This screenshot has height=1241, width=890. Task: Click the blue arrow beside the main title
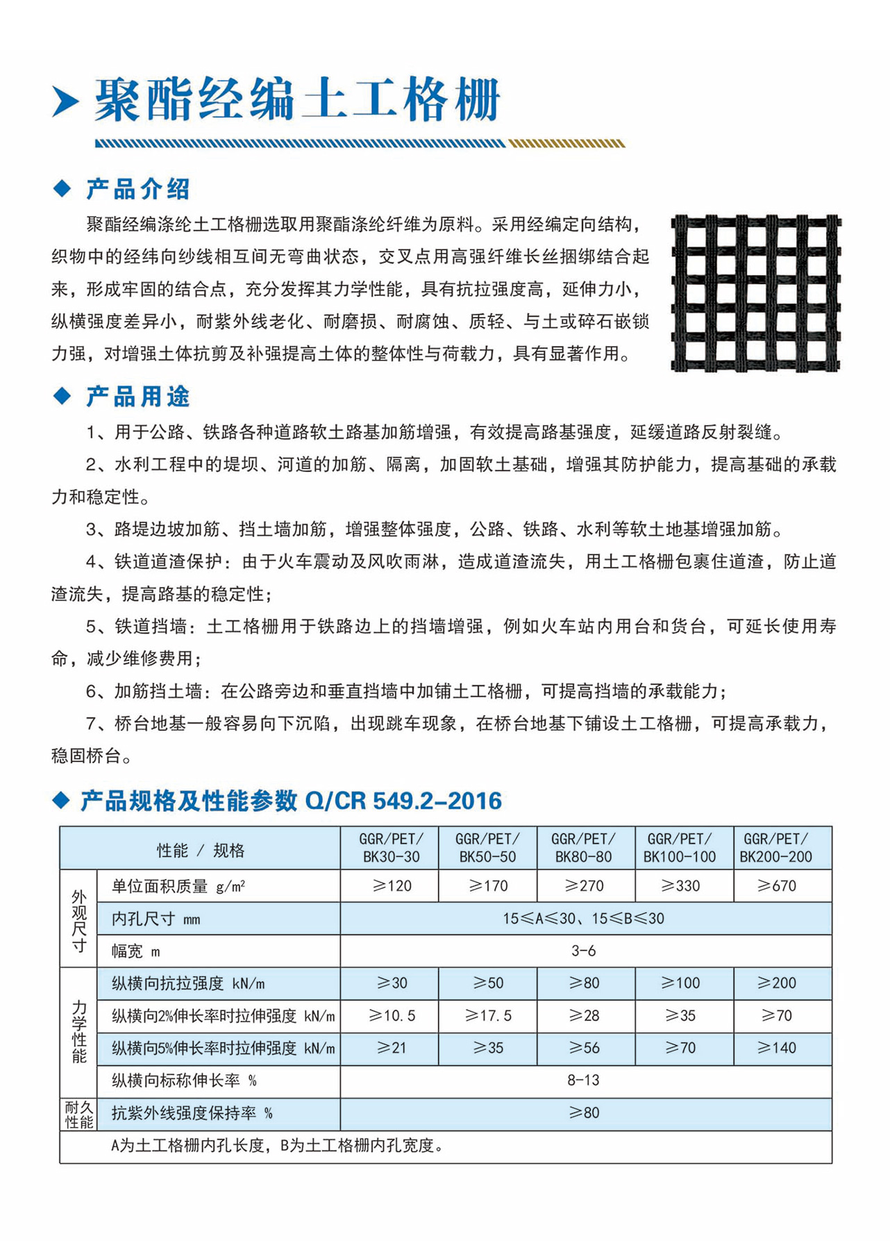point(65,102)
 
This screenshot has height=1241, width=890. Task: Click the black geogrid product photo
point(755,293)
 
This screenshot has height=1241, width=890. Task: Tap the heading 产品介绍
point(137,189)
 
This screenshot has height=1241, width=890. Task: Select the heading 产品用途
point(137,397)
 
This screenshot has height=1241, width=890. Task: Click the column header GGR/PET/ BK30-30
point(391,848)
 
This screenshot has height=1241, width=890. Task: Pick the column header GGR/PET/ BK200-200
point(775,848)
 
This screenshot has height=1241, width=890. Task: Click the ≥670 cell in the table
point(776,886)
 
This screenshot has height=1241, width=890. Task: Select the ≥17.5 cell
point(488,1016)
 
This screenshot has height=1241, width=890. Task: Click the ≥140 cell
point(776,1048)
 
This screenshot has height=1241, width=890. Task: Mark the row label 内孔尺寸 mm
point(156,919)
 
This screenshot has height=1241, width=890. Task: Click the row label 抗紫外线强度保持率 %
point(192,1113)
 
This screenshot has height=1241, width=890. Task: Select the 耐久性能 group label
point(78,1114)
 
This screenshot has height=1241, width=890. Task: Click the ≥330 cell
point(680,886)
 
